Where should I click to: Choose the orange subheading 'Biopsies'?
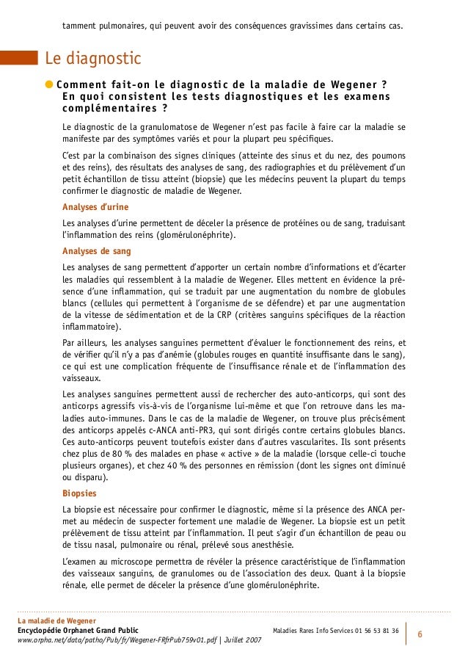[x=80, y=493]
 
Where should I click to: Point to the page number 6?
[x=420, y=633]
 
